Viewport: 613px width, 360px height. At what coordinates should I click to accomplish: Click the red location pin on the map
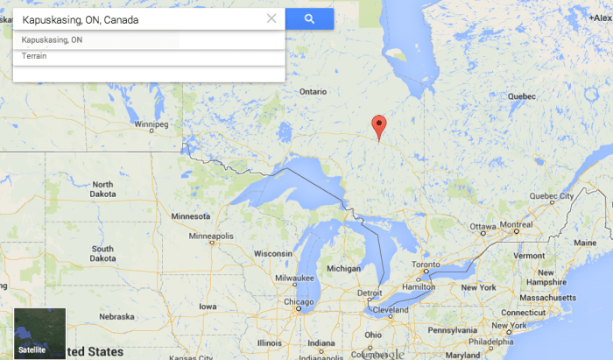pos(378,126)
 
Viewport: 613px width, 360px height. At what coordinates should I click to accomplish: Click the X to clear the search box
pos(271,18)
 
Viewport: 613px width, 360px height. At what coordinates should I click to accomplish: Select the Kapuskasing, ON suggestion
pos(53,40)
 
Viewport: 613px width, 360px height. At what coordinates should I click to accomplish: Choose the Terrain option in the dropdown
pos(35,57)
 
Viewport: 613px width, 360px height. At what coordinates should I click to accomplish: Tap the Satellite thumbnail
pos(39,334)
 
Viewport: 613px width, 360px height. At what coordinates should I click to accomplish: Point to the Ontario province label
pos(313,91)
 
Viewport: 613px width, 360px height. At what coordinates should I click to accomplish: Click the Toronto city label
pos(426,265)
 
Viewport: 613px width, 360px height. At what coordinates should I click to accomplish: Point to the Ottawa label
pos(483,226)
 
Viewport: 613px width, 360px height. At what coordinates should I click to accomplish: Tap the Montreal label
pos(517,225)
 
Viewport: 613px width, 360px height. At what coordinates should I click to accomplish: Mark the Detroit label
pos(369,293)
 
